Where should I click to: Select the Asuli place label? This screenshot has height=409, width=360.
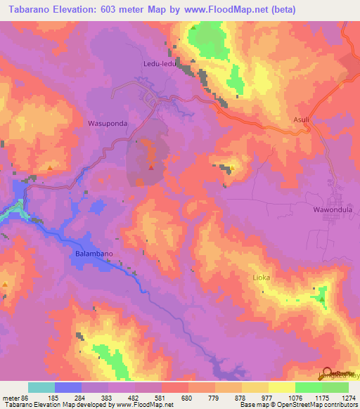(x=301, y=119)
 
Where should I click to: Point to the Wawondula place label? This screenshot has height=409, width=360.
(x=330, y=209)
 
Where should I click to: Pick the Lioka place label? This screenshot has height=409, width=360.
(x=261, y=278)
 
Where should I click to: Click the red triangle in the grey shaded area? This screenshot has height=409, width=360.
(x=151, y=167)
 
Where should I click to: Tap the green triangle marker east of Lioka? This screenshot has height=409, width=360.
(x=323, y=299)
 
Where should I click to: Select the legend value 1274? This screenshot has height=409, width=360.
(x=348, y=397)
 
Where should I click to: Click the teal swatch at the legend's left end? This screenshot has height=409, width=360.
(x=41, y=387)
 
